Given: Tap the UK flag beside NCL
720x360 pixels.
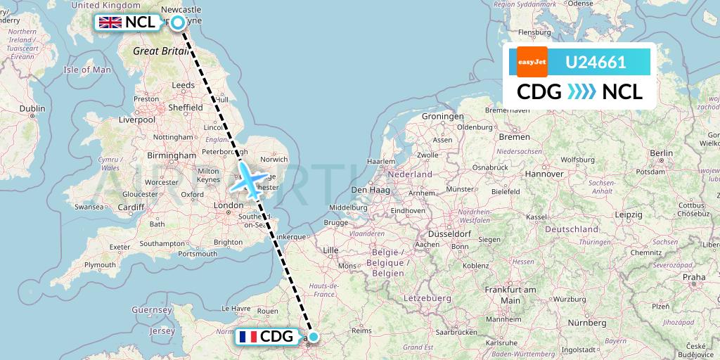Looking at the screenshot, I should tap(110, 22).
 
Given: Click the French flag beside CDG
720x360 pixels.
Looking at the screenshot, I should tap(247, 337).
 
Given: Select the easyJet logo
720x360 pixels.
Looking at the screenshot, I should tap(532, 62).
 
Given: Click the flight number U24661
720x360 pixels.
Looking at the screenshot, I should tap(596, 63).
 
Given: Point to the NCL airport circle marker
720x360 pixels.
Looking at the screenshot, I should tap(178, 22).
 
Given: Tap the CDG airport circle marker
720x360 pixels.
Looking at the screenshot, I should tap(313, 337).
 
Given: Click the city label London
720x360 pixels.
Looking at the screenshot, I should tap(228, 205).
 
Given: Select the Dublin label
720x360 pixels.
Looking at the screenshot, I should tap(32, 108).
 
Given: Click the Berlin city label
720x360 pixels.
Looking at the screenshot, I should tap(661, 153).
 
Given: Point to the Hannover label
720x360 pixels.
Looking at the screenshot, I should tap(544, 173).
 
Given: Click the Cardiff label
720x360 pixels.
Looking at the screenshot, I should tap(131, 207).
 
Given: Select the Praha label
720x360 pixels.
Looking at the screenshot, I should tap(693, 277).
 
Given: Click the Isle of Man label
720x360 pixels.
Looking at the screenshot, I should tap(87, 70).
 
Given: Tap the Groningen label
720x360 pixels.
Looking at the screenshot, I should tap(443, 116).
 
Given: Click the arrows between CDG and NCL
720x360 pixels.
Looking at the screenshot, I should tap(580, 91).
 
